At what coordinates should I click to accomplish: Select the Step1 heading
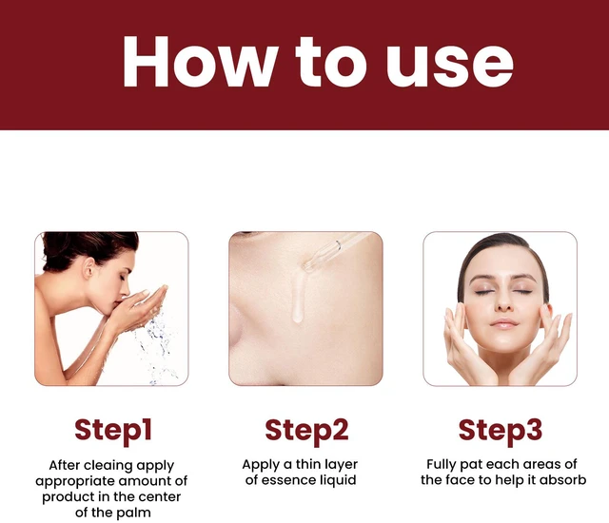click(112, 431)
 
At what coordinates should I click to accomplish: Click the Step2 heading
click(306, 431)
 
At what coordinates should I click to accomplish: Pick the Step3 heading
click(501, 431)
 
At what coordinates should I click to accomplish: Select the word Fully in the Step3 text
click(442, 464)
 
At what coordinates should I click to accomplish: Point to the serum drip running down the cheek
click(298, 298)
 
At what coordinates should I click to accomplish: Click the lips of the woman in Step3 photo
click(503, 323)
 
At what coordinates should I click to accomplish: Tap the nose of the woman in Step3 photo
click(503, 301)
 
